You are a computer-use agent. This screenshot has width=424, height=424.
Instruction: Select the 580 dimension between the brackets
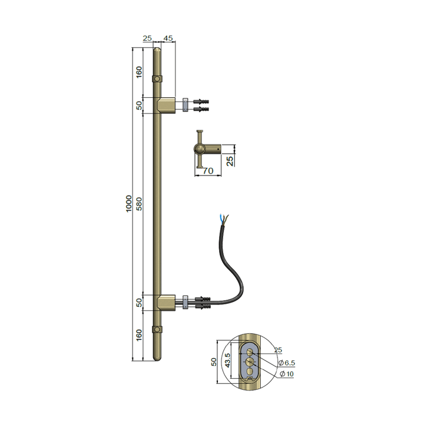pyautogui.click(x=140, y=204)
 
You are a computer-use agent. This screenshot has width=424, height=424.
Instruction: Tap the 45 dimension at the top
pyautogui.click(x=168, y=38)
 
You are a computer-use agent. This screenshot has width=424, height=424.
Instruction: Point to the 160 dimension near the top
pyautogui.click(x=140, y=72)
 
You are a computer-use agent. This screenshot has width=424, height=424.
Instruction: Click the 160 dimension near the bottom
pyautogui.click(x=140, y=336)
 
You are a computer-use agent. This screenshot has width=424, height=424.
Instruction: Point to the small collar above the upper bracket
pyautogui.click(x=157, y=78)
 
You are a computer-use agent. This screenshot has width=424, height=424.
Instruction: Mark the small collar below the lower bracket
pyautogui.click(x=157, y=329)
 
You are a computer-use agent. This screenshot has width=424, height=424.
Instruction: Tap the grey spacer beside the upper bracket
pyautogui.click(x=184, y=105)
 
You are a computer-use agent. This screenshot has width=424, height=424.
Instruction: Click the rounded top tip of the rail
pyautogui.click(x=157, y=51)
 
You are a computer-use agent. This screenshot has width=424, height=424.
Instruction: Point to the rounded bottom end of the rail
pyautogui.click(x=157, y=357)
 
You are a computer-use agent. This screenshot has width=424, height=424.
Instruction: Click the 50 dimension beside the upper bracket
pyautogui.click(x=140, y=105)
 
